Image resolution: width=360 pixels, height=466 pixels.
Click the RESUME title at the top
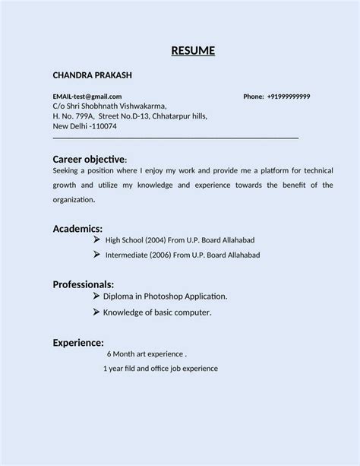click(x=192, y=51)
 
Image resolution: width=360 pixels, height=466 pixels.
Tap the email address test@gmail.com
click(x=97, y=97)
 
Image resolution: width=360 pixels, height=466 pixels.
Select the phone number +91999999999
click(x=289, y=97)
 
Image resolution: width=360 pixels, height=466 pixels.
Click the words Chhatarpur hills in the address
click(x=179, y=116)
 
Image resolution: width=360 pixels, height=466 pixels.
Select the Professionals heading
click(x=84, y=284)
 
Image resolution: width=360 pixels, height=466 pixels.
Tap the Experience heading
click(x=78, y=342)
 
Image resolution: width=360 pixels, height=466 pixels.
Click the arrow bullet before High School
click(x=96, y=239)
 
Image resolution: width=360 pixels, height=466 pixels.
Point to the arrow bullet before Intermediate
click(x=96, y=255)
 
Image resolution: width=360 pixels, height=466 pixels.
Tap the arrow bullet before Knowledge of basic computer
click(x=96, y=312)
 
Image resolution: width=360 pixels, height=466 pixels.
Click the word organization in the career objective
click(x=73, y=200)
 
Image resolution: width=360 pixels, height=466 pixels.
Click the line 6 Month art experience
click(x=147, y=354)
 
